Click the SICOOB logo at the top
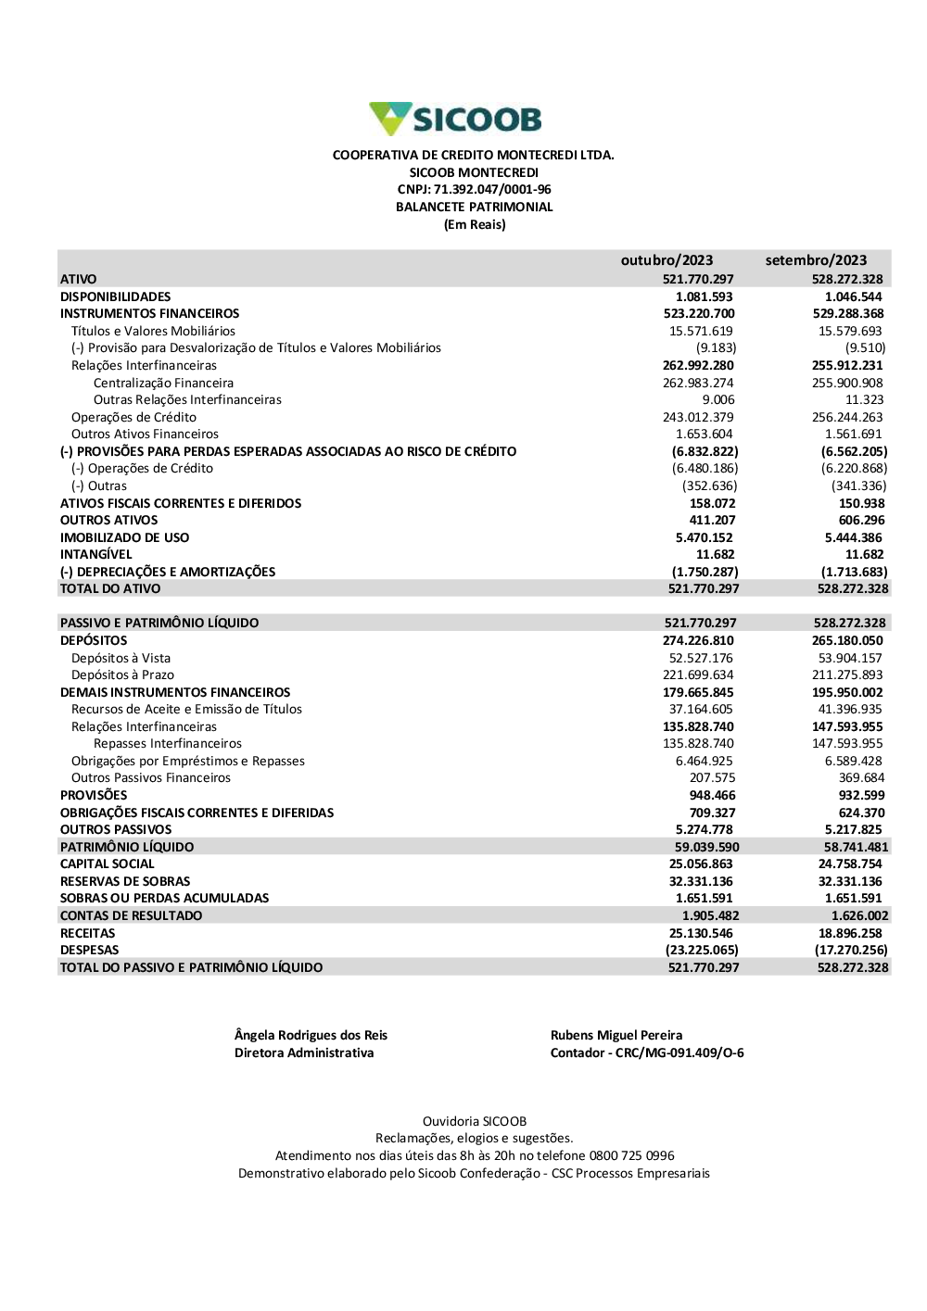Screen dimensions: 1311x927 (x=455, y=120)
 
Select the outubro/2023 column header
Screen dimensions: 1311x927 (x=667, y=260)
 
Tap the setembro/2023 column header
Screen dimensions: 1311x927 (x=816, y=260)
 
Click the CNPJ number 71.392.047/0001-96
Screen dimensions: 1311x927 (x=492, y=190)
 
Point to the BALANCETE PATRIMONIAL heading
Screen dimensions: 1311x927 (x=474, y=208)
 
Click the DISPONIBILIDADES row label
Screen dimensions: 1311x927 (x=116, y=296)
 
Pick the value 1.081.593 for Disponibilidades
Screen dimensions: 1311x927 (x=704, y=296)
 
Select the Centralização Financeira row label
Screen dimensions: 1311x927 (x=163, y=383)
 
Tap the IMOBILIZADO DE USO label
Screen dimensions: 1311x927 (x=124, y=537)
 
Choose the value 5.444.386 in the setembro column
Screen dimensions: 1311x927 (x=853, y=537)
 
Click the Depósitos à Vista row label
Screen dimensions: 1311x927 (x=121, y=658)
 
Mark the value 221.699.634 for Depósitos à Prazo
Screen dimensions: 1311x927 (x=698, y=674)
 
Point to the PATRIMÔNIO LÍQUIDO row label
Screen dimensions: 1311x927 (x=127, y=847)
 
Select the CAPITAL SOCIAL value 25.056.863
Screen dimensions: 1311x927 (x=701, y=863)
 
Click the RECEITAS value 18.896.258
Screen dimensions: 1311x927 (x=850, y=933)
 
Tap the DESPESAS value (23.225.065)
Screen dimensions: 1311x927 (x=702, y=950)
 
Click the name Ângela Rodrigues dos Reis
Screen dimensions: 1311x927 (x=311, y=1036)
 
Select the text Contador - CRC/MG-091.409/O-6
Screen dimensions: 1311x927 (x=647, y=1053)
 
